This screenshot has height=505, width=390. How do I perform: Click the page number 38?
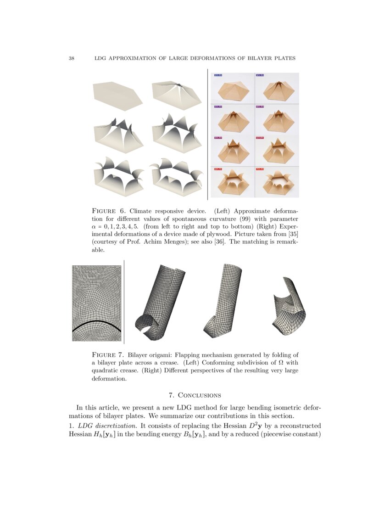pyautogui.click(x=72, y=58)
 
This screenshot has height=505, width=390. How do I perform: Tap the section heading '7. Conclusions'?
pyautogui.click(x=195, y=395)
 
